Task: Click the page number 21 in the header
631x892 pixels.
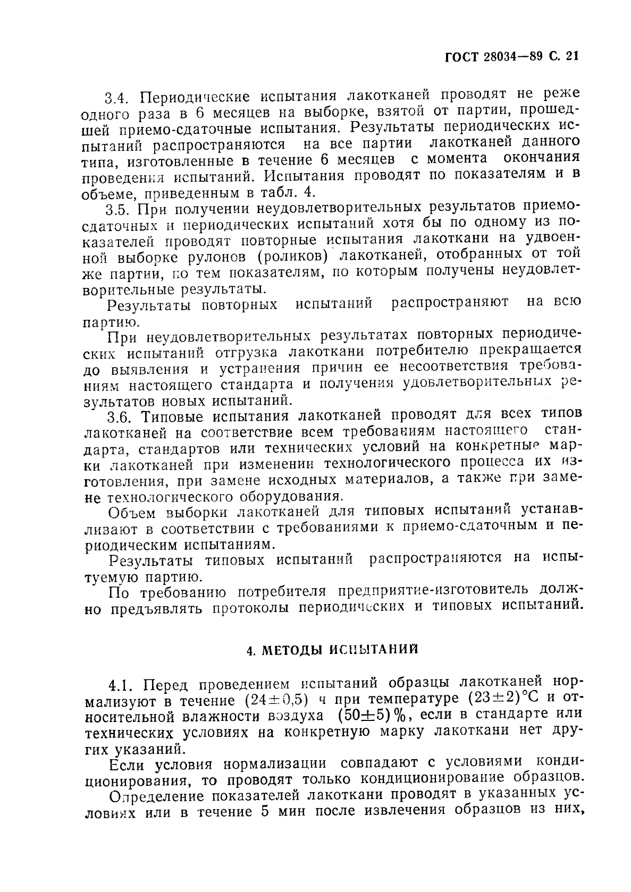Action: point(571,56)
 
